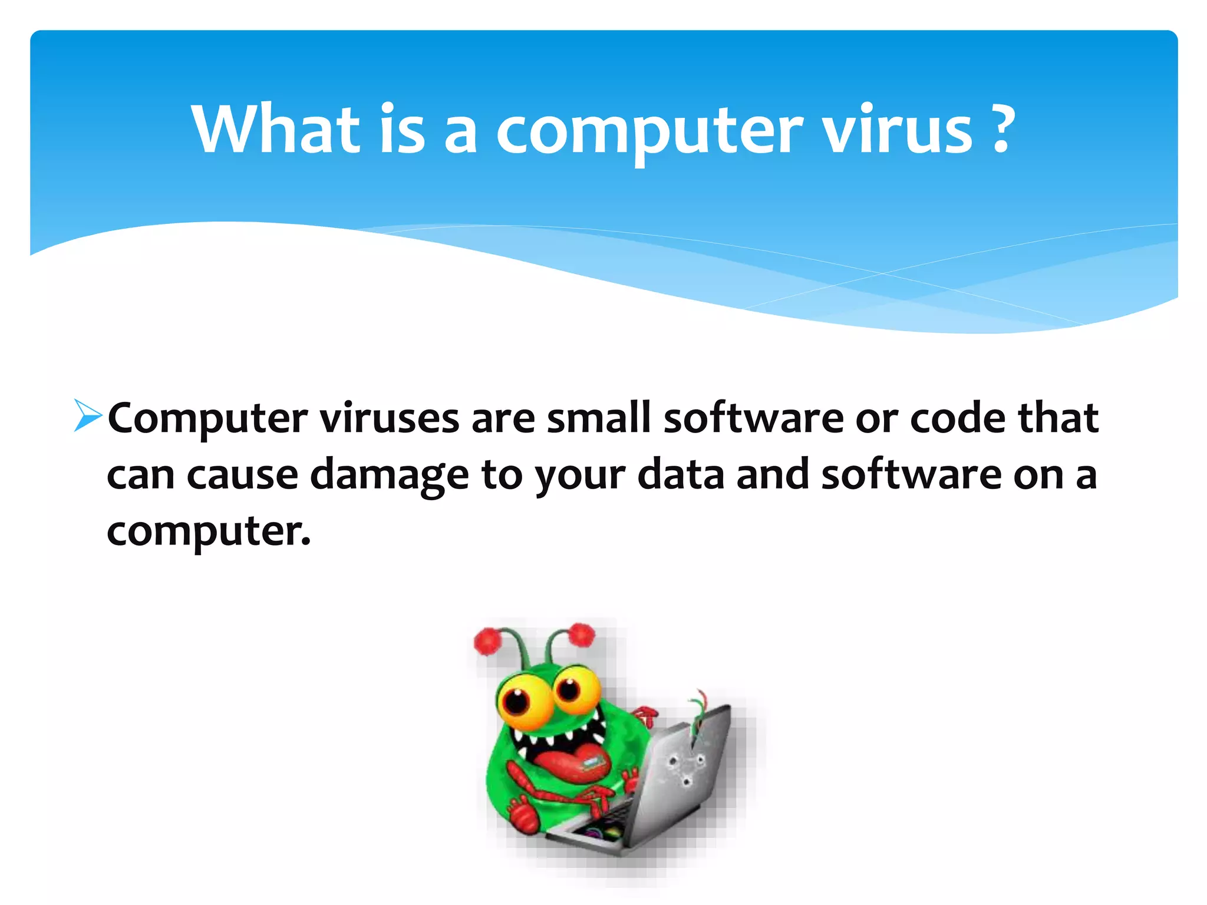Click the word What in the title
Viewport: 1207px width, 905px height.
276,129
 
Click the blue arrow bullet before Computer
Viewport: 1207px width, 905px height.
88,415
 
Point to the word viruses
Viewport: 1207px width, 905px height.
389,418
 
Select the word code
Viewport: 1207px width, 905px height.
958,418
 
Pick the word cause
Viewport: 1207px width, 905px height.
242,475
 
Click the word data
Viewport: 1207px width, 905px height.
681,475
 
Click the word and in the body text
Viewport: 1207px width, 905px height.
773,475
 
